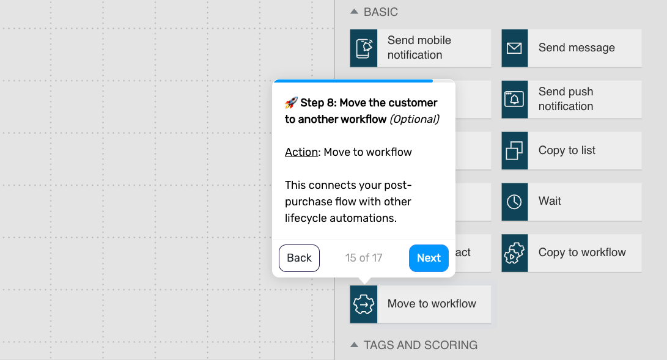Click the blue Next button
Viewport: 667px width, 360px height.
pos(429,258)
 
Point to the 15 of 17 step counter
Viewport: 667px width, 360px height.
pos(364,258)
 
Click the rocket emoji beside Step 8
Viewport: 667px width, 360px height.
pos(291,103)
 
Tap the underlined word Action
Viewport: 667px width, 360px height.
pos(301,152)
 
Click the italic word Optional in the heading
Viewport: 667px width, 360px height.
pos(415,119)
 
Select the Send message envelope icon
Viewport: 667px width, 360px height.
pos(514,48)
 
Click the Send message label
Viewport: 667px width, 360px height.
pos(577,48)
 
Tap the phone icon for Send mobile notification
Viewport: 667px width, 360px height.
pos(364,48)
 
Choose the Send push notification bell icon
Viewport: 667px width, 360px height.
pos(514,99)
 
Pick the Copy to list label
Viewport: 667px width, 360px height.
pos(567,150)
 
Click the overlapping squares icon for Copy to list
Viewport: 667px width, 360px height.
pos(514,150)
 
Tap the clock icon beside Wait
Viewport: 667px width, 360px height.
pos(514,202)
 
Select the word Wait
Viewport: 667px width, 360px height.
pos(550,200)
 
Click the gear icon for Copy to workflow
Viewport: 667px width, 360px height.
pos(514,253)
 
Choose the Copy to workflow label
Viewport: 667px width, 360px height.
pos(582,252)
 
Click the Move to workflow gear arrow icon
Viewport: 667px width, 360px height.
pos(364,304)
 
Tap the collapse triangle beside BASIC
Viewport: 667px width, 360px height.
pos(354,12)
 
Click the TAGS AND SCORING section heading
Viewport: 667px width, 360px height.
pos(420,345)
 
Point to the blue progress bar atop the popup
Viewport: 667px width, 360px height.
pos(353,81)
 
